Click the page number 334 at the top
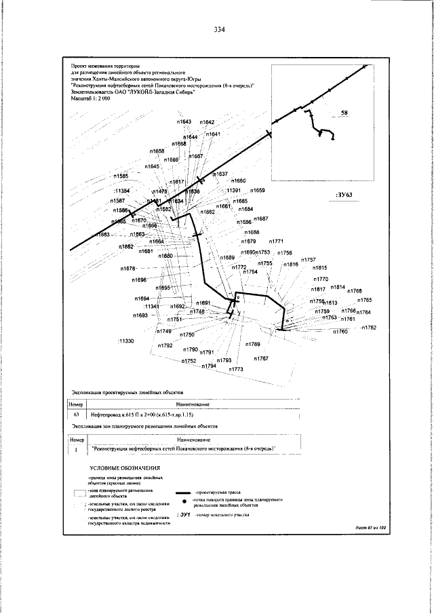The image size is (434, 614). [x=218, y=30]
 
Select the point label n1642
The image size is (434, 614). [x=207, y=121]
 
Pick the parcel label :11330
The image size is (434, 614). [x=125, y=340]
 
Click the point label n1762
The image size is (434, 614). [x=368, y=328]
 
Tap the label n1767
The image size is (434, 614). [x=262, y=358]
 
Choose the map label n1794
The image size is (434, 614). [x=208, y=366]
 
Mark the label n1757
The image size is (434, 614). [x=308, y=260]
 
